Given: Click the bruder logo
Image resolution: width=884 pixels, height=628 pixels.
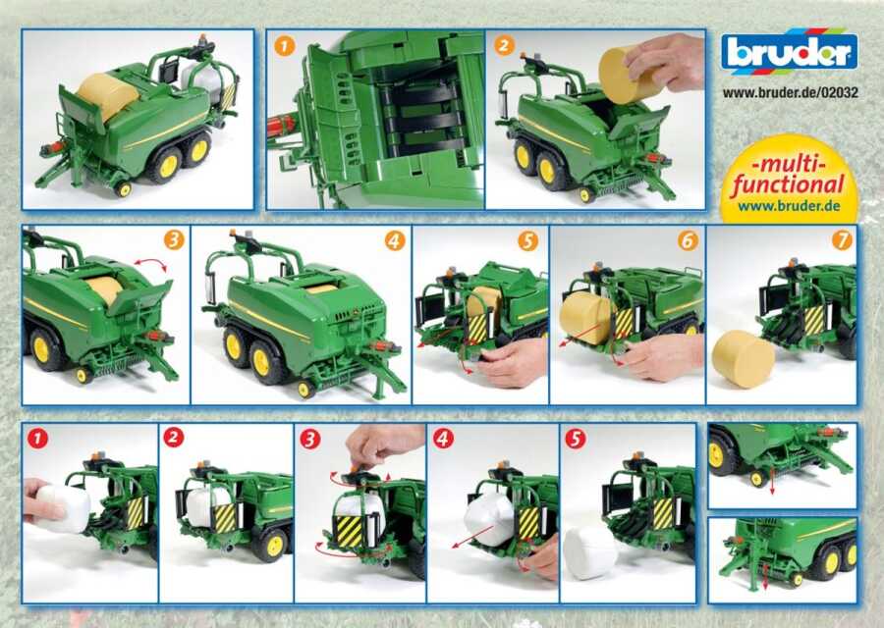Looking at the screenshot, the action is [x=789, y=52].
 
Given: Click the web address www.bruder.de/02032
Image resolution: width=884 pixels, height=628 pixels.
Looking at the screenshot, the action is [x=790, y=92].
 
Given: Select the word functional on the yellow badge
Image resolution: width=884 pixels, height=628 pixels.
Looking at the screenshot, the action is [x=788, y=184].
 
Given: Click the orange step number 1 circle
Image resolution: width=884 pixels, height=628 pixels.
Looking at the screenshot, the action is [x=284, y=45].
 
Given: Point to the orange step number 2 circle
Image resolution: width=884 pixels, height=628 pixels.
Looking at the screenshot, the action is [x=505, y=45].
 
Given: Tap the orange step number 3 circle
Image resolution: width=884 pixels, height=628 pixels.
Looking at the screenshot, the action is [x=174, y=240].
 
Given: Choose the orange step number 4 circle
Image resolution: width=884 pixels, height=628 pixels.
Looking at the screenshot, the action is [x=395, y=241].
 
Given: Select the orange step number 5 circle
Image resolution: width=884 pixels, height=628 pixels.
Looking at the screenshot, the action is [x=527, y=241].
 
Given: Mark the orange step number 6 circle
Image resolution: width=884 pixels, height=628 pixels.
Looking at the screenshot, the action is [x=688, y=241].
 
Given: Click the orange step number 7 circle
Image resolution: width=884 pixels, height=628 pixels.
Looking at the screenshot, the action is [x=842, y=240].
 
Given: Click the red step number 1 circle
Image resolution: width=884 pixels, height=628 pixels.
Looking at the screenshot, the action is [x=37, y=439].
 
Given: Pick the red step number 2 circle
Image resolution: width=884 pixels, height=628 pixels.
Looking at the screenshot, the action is [x=174, y=439].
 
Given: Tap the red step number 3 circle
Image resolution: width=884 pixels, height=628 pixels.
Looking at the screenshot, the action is [x=309, y=440].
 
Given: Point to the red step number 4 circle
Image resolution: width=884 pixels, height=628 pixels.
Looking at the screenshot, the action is [x=443, y=439].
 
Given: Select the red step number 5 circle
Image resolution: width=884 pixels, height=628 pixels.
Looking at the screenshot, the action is [x=575, y=439].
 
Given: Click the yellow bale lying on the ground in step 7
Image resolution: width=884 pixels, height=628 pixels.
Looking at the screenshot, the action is [x=744, y=358].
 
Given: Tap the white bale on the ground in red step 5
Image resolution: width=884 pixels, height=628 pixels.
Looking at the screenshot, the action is [x=590, y=552].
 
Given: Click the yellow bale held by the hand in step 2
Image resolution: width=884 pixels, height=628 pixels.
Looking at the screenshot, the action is [x=622, y=75].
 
